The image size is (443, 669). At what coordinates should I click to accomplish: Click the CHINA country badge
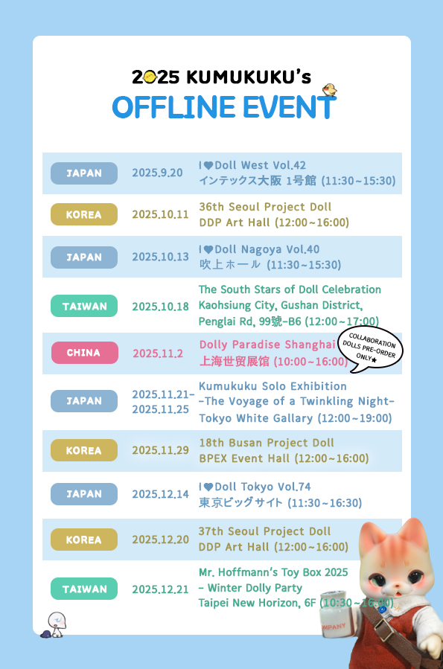click(x=84, y=353)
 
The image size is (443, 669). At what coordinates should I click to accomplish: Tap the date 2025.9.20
click(x=157, y=173)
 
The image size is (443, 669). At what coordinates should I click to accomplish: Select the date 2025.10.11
click(x=160, y=214)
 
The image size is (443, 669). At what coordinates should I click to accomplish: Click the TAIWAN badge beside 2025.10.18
click(x=84, y=306)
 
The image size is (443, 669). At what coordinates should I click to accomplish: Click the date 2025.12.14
click(x=160, y=493)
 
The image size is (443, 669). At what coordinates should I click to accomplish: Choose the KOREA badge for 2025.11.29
click(x=84, y=450)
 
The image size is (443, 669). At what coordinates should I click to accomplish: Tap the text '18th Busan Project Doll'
click(x=267, y=443)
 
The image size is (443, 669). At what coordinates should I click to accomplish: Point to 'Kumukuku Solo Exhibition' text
click(x=273, y=386)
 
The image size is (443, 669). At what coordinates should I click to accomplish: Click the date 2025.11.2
click(x=157, y=353)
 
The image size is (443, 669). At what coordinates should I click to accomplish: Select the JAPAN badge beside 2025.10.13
click(x=84, y=257)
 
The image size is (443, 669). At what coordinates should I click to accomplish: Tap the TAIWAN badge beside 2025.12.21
click(x=84, y=589)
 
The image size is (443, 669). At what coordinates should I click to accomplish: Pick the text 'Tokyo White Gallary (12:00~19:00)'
click(x=295, y=418)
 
